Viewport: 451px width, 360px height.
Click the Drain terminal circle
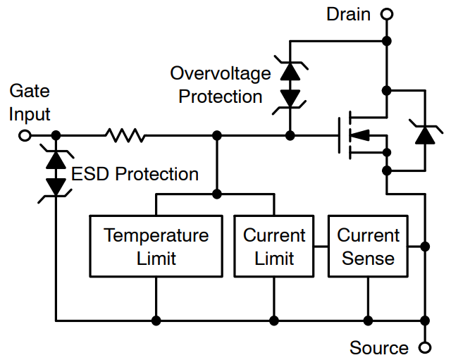click(x=386, y=13)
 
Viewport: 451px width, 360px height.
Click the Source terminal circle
click(x=424, y=347)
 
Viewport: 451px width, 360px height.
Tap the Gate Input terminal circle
click(x=25, y=135)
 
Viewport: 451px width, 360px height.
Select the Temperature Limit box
click(x=156, y=245)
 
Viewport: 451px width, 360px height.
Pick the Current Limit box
click(x=274, y=245)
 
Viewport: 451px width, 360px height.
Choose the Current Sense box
click(x=368, y=245)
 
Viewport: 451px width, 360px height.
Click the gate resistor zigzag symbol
click(x=125, y=135)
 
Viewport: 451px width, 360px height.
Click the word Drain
click(x=348, y=14)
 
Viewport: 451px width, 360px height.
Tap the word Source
click(x=378, y=348)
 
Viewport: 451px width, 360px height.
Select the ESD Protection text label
click(x=133, y=173)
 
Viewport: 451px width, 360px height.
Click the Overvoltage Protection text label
click(x=221, y=85)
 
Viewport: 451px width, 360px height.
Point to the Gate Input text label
click(x=29, y=103)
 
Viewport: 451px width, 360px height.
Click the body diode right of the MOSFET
click(x=425, y=133)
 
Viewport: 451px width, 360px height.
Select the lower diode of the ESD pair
click(x=55, y=185)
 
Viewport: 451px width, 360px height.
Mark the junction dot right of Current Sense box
click(x=425, y=246)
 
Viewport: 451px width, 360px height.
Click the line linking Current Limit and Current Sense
click(x=321, y=246)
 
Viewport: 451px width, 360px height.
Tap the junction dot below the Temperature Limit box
click(x=156, y=321)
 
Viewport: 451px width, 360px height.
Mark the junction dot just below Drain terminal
click(x=386, y=40)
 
